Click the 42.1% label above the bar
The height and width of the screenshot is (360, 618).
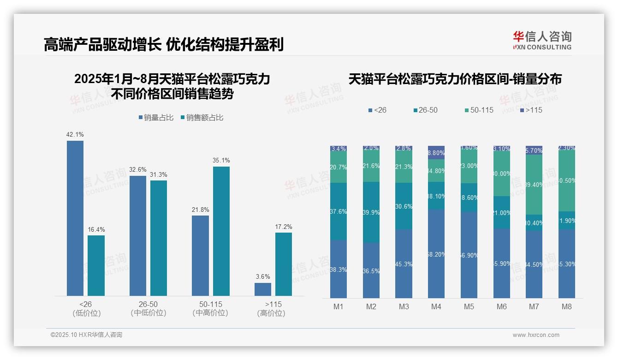[x=75, y=135]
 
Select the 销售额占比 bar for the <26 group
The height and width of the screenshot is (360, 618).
[x=96, y=265]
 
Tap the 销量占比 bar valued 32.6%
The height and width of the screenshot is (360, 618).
[x=138, y=235]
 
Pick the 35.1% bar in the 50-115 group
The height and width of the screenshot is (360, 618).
[x=221, y=231]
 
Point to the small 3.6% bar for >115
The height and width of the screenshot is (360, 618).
[x=263, y=289]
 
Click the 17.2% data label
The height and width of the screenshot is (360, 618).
[x=283, y=227]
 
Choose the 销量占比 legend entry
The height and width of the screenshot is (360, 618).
[x=156, y=118]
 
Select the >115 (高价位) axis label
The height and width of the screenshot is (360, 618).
[x=273, y=308]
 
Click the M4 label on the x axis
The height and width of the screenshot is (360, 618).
[x=436, y=306]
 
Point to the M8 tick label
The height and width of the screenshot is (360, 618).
[x=567, y=306]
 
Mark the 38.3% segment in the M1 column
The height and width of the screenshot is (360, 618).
[x=339, y=269]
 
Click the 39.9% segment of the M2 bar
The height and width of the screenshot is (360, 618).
[x=371, y=212]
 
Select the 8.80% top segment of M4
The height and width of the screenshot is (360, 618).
[x=436, y=153]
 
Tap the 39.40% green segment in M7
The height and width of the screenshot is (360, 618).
[x=534, y=185]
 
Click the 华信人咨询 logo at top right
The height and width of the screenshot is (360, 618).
[x=542, y=40]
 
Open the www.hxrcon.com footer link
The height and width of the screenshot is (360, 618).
[x=535, y=335]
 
